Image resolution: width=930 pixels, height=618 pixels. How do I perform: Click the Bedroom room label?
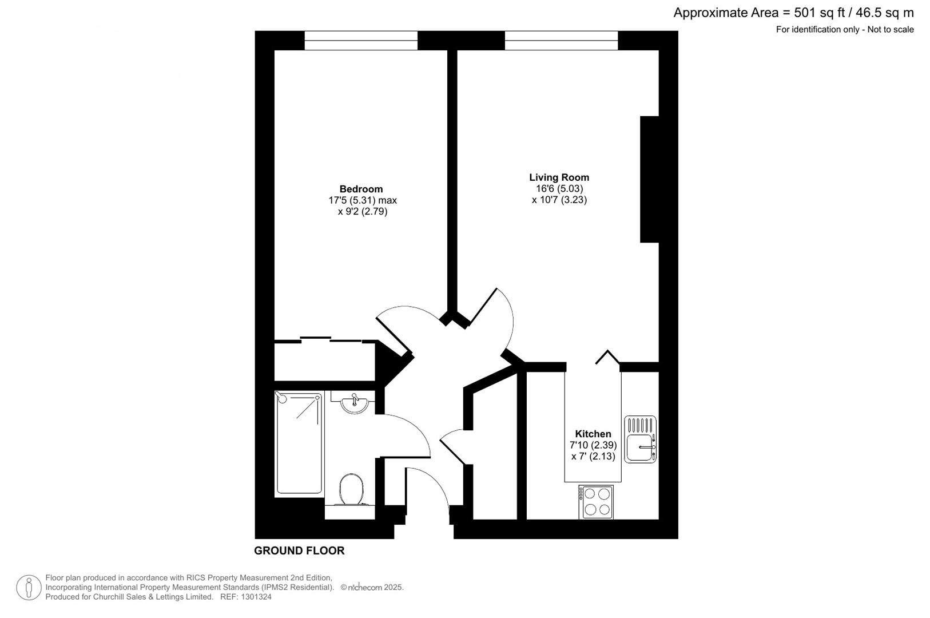[x=361, y=189]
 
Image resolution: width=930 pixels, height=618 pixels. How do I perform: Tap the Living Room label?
[x=559, y=177]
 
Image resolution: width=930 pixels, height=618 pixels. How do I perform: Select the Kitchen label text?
[x=593, y=434]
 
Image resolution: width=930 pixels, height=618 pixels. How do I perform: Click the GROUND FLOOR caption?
[x=299, y=550]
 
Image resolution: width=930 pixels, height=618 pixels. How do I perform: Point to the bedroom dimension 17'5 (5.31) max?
[x=363, y=200]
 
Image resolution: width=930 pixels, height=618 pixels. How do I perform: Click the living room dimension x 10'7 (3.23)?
[x=559, y=200]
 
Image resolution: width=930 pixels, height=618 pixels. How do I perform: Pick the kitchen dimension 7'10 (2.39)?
[x=593, y=445]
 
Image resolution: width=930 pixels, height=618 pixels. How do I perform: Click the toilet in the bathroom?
[x=351, y=490]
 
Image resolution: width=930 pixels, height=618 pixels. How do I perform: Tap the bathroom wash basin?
[x=354, y=403]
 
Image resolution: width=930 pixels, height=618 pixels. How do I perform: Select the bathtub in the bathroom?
[x=299, y=443]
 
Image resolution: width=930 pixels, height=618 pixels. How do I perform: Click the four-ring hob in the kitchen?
[x=596, y=502]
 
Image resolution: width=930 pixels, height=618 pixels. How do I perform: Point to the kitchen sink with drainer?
[x=640, y=439]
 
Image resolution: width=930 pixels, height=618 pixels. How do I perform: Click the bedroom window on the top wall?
[x=361, y=40]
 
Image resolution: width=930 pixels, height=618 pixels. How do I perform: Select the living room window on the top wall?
[x=561, y=40]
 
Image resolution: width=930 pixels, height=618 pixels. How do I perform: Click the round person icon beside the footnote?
[x=29, y=587]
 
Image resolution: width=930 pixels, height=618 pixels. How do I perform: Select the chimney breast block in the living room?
[x=649, y=179]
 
